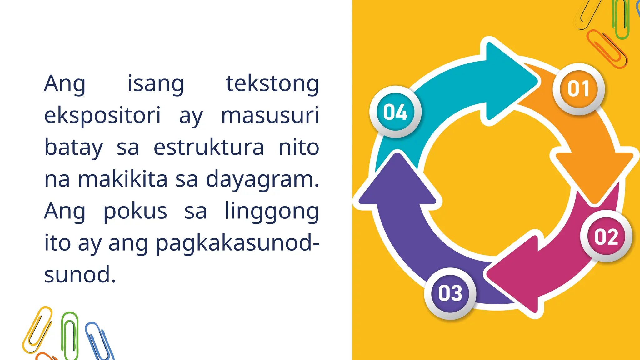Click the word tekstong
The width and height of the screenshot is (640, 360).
point(272,84)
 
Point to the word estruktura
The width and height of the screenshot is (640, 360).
point(209,147)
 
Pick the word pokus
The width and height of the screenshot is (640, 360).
point(135,212)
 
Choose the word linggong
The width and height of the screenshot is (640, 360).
point(272,212)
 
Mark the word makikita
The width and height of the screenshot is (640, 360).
point(123,179)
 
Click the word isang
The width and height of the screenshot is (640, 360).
point(156,84)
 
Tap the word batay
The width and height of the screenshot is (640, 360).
point(74,147)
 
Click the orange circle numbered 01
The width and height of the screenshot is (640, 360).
point(578,89)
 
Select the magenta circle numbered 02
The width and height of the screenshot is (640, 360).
point(606,237)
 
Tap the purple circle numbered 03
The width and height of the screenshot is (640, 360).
point(450,293)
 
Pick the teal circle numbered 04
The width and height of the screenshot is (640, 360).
point(395,112)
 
